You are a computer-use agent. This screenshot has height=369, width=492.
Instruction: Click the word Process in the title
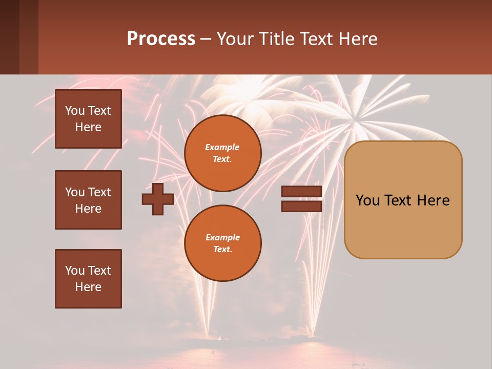[161, 39]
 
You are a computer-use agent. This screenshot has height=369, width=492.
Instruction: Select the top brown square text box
[88, 119]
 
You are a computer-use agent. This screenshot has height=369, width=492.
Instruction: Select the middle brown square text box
[88, 200]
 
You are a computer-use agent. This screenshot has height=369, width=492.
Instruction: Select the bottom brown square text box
[88, 279]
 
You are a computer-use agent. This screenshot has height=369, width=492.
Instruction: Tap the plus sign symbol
[158, 199]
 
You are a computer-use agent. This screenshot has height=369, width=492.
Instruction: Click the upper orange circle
[223, 153]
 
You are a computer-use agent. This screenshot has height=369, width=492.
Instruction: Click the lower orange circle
[223, 243]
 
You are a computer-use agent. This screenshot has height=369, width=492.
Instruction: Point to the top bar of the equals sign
[301, 192]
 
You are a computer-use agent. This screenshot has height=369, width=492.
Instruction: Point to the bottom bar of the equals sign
[301, 206]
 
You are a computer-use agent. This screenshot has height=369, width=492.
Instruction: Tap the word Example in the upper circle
[222, 147]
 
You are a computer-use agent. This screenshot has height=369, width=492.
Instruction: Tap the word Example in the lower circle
[222, 237]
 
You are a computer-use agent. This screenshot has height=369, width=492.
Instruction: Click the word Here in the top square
[88, 127]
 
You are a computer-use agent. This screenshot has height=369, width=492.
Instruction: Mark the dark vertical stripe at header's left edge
[9, 37]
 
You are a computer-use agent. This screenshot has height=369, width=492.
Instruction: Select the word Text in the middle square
[99, 192]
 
